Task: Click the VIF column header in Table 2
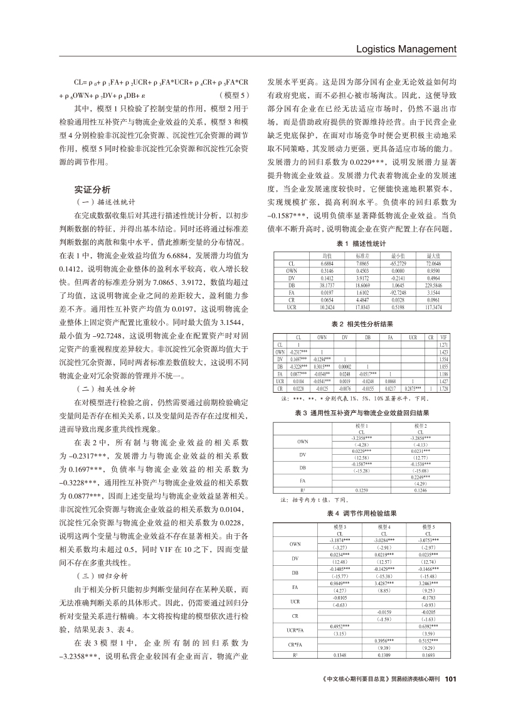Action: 444,337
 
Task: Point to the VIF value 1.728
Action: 444,389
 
